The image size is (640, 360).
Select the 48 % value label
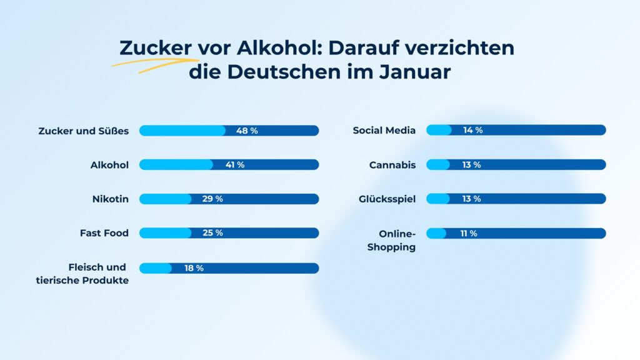tap(247, 131)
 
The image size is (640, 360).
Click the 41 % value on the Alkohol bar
tap(234, 165)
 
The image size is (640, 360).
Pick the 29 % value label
tap(212, 199)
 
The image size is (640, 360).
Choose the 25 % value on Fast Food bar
tap(212, 233)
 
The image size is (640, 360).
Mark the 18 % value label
tap(194, 268)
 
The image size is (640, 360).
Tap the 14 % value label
tap(472, 131)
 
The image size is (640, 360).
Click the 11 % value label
tap(469, 233)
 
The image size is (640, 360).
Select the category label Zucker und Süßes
tap(83, 131)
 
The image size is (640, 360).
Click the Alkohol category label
tap(109, 165)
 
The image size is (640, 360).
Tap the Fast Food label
tap(104, 233)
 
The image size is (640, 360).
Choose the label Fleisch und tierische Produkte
tap(82, 274)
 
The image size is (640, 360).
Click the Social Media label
tap(384, 131)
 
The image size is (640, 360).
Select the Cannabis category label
tap(392, 165)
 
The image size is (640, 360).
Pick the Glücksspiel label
tap(387, 199)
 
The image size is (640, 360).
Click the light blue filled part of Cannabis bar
tap(437, 165)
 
